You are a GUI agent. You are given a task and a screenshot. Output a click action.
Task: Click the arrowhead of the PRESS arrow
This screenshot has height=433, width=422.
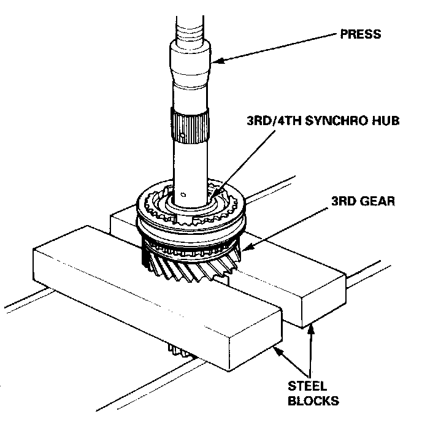(213, 59)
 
